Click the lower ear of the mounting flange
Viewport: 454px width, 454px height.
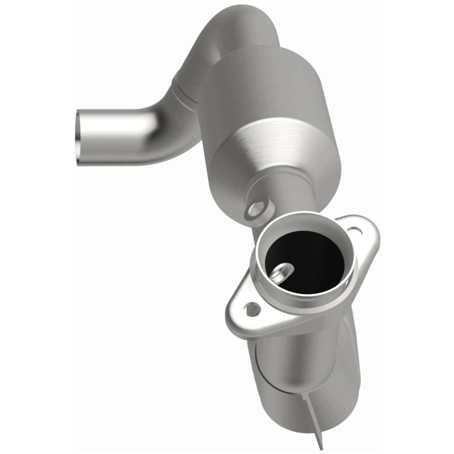[x=250, y=312]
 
